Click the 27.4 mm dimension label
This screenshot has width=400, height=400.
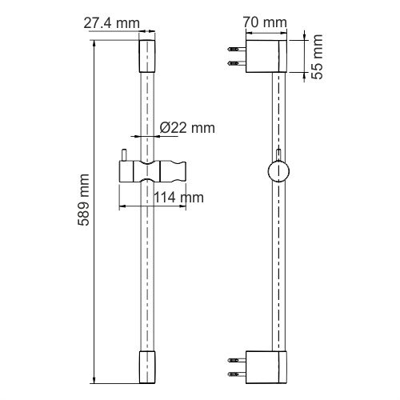coord(111,23)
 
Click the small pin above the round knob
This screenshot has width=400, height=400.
coord(279,154)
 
